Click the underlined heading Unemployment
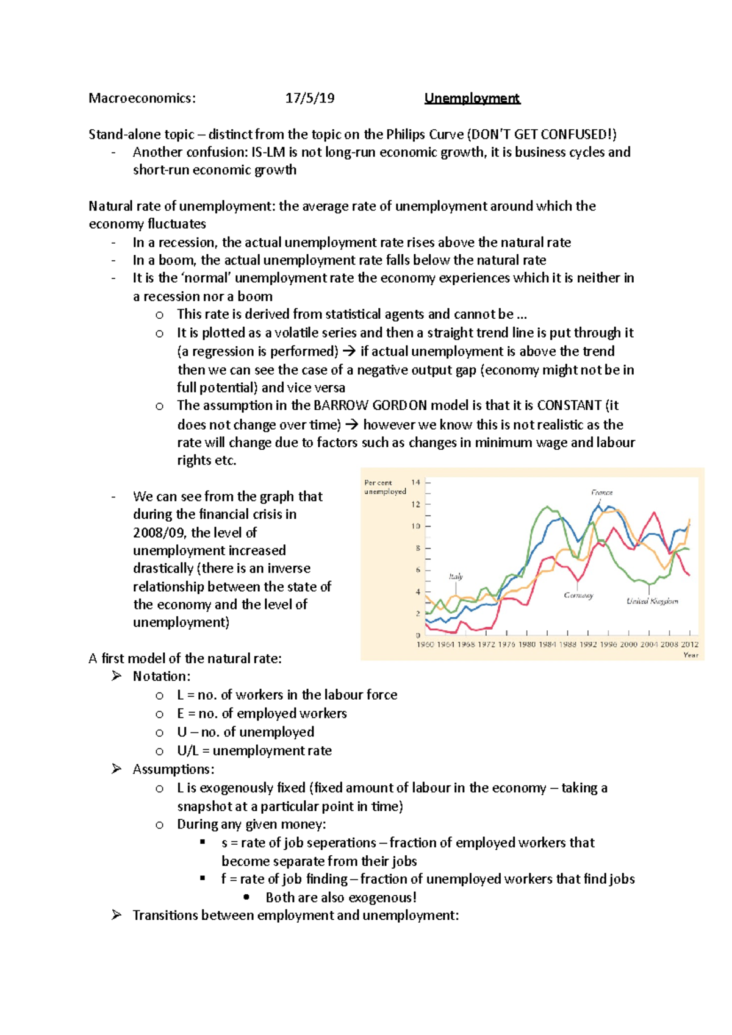[472, 98]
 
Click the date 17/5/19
[310, 98]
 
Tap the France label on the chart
[601, 492]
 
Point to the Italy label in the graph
[456, 576]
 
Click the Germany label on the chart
[578, 595]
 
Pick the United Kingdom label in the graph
[652, 601]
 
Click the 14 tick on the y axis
[415, 482]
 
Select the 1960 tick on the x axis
[425, 644]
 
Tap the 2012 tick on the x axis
[690, 644]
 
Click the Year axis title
[691, 655]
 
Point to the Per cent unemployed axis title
[384, 486]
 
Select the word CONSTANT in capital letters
[569, 406]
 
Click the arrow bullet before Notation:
[117, 676]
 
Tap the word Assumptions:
[173, 769]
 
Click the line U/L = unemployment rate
[254, 750]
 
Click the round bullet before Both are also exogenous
[246, 897]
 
